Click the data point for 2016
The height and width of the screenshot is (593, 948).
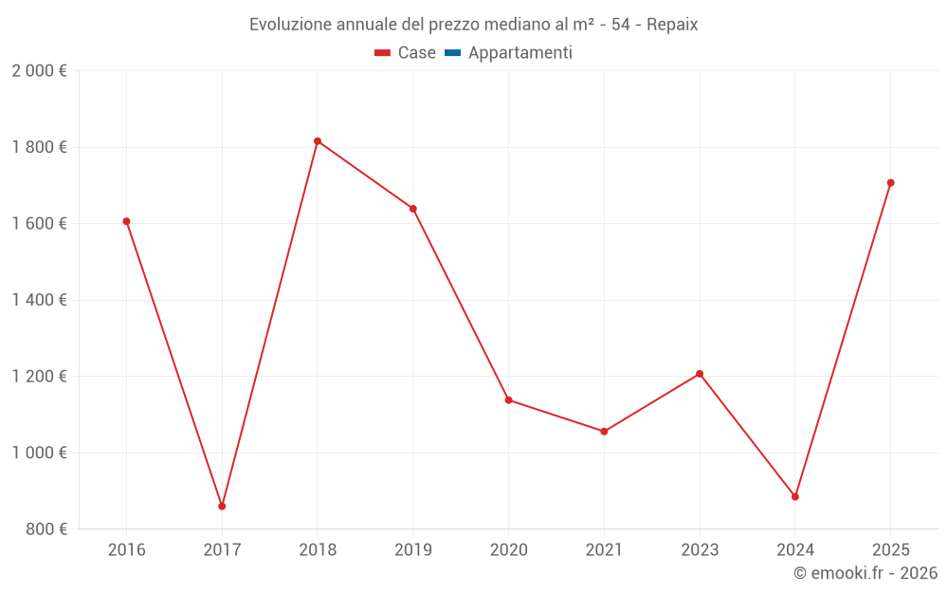[x=126, y=221]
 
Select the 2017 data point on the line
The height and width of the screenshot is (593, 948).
[x=222, y=507]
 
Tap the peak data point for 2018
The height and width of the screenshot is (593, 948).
[x=318, y=141]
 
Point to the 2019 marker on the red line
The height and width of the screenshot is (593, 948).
[x=413, y=209]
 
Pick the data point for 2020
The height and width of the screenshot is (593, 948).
[x=508, y=400]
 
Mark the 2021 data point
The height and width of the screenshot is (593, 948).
[x=604, y=432]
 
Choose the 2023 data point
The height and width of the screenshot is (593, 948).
[x=700, y=374]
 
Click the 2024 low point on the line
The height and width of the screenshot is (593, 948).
[x=795, y=497]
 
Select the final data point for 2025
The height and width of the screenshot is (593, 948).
[x=890, y=183]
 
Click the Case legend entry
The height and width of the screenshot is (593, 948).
[x=406, y=53]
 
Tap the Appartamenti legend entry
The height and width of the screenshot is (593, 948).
[x=509, y=53]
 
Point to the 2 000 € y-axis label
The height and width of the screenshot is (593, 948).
[x=39, y=71]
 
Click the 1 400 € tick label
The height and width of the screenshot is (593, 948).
[x=39, y=300]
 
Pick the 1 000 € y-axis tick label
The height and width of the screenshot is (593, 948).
[x=39, y=453]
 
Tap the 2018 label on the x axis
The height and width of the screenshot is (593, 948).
[x=318, y=550]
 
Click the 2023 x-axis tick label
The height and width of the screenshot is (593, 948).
[x=700, y=550]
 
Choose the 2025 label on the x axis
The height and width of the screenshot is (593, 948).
[x=890, y=550]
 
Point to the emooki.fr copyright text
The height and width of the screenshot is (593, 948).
[x=866, y=573]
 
